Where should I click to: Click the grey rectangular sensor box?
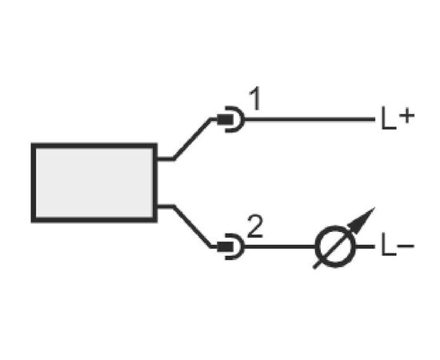point(94,183)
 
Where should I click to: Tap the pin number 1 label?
point(255,98)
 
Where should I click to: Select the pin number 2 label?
point(255,226)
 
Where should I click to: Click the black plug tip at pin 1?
point(225,119)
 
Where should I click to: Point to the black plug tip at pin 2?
point(225,246)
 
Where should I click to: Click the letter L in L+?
point(389,118)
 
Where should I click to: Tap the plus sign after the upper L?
point(406,116)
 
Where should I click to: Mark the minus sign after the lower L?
point(406,246)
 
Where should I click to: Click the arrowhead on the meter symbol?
point(362,221)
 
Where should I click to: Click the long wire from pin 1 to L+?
point(310,119)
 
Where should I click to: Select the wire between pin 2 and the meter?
point(280,246)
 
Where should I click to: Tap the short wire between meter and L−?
point(365,246)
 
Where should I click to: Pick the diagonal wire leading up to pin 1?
point(192,139)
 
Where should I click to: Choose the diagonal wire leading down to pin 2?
point(192,226)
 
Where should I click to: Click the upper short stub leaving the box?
point(166,159)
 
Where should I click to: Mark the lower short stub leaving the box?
point(166,207)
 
